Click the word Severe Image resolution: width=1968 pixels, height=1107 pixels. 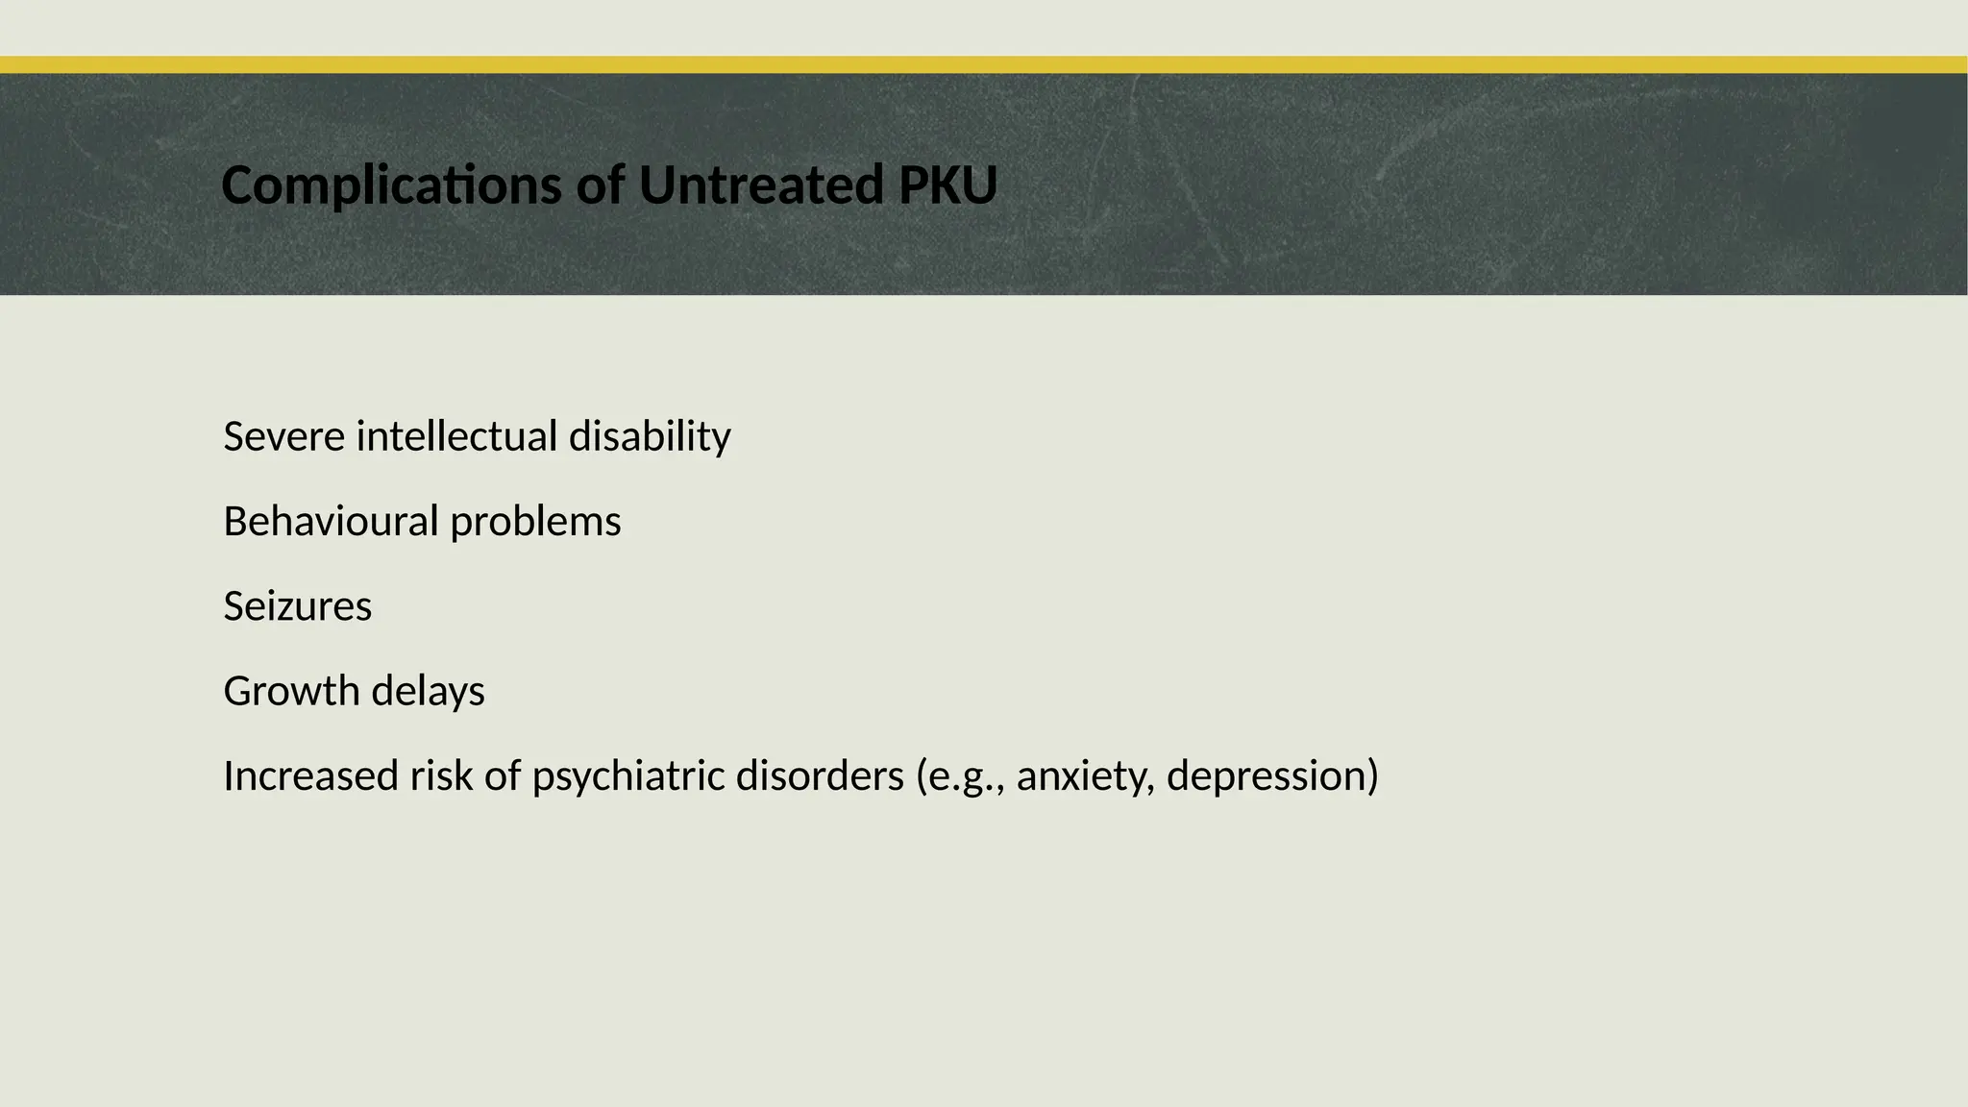click(284, 436)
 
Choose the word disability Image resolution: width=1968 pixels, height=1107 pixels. click(650, 436)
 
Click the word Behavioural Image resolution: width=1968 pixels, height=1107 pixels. click(331, 521)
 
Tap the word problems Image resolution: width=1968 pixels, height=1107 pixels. click(535, 523)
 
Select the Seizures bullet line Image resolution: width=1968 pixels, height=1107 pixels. click(298, 606)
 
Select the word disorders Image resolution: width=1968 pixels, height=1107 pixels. click(820, 775)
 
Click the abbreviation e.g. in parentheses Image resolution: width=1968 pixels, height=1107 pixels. click(964, 776)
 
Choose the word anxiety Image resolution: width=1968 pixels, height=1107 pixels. click(1085, 776)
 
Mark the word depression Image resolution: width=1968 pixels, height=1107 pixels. click(1267, 776)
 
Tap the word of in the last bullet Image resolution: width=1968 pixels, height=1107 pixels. click(502, 775)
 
